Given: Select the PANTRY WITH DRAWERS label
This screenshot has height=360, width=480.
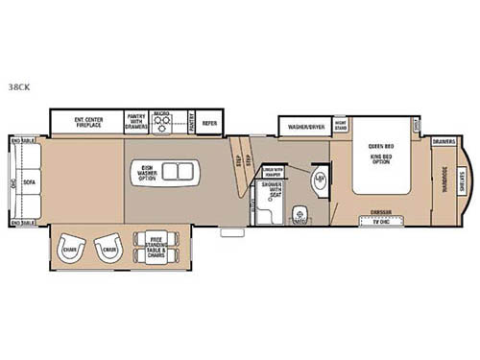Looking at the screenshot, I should point(136,123).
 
